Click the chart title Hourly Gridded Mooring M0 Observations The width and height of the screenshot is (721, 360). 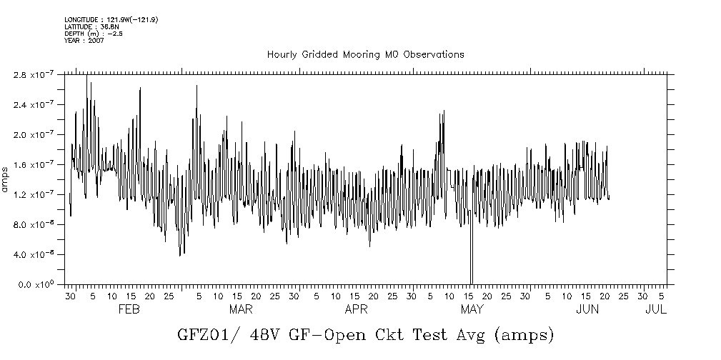[x=365, y=54]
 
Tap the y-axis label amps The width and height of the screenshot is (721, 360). [x=6, y=179]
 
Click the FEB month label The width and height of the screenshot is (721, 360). [x=128, y=309]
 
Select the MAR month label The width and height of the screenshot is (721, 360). [x=241, y=309]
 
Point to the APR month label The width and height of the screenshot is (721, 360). [x=356, y=309]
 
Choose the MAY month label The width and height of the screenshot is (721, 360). [x=472, y=309]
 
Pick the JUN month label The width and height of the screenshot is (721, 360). [x=587, y=309]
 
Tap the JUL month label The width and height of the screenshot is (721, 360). [x=655, y=309]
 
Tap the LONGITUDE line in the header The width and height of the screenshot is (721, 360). [x=111, y=19]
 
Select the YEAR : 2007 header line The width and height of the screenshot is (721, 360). [x=84, y=41]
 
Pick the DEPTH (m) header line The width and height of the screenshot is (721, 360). [x=93, y=34]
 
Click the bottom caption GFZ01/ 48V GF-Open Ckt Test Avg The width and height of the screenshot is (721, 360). [x=364, y=334]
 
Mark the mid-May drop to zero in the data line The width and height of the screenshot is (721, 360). [x=471, y=271]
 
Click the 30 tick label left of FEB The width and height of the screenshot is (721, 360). [x=70, y=296]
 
